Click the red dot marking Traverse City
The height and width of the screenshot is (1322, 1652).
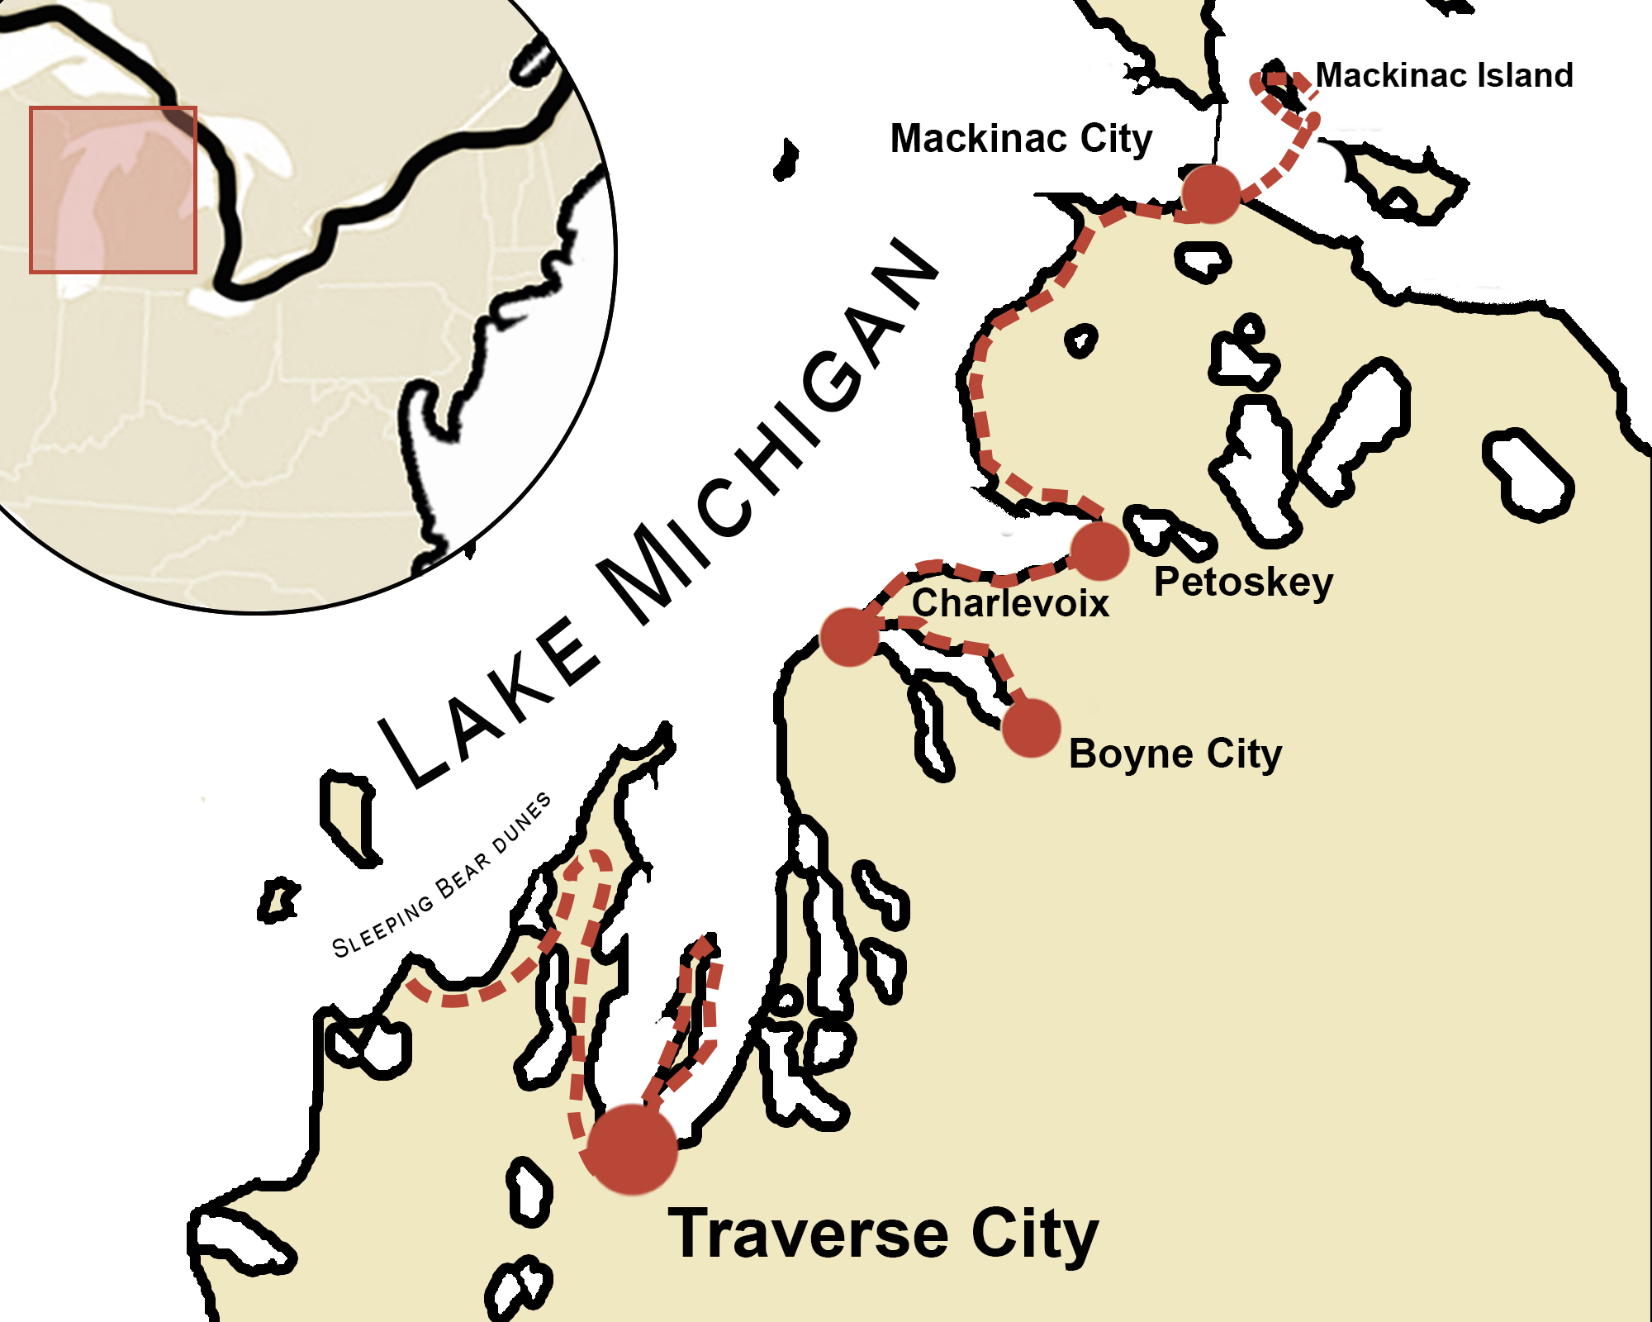tap(632, 1148)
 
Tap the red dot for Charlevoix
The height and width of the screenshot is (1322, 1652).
tap(849, 636)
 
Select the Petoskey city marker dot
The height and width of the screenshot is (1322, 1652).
tap(1099, 551)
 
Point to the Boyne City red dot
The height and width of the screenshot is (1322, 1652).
tap(1031, 728)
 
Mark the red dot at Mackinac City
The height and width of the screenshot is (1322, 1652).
tap(1211, 194)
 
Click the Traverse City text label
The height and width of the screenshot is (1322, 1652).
tap(883, 1234)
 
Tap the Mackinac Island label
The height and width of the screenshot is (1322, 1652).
tap(1444, 75)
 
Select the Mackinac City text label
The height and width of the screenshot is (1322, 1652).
tap(1021, 139)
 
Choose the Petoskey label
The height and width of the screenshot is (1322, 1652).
tap(1243, 583)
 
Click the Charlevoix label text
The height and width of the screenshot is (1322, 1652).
tap(1010, 603)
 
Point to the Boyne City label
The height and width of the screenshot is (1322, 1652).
tap(1175, 754)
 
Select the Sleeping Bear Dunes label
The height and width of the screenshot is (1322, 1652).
tap(442, 876)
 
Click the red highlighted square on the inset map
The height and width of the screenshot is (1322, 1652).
tap(113, 189)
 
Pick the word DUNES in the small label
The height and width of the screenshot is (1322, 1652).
tap(522, 823)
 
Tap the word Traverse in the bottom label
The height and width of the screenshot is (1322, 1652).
tap(808, 1234)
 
